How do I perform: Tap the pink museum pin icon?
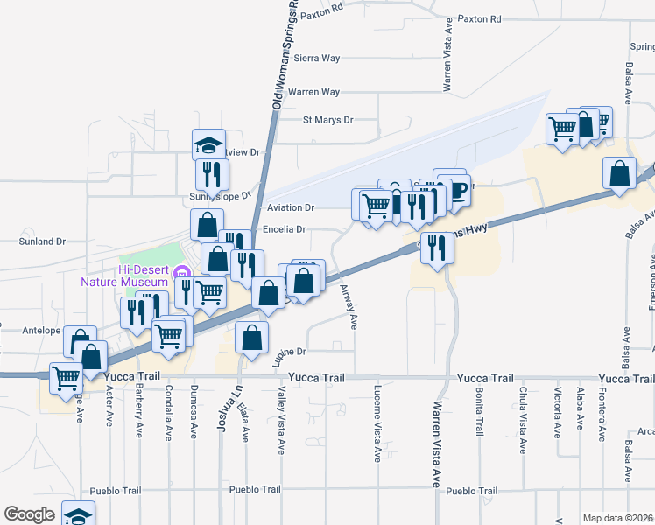[181, 272]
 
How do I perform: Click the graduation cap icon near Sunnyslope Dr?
[208, 144]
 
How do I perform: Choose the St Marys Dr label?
[327, 120]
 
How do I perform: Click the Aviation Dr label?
[290, 207]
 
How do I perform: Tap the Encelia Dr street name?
[285, 230]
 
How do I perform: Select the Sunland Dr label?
[43, 241]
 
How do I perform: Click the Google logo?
[30, 514]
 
